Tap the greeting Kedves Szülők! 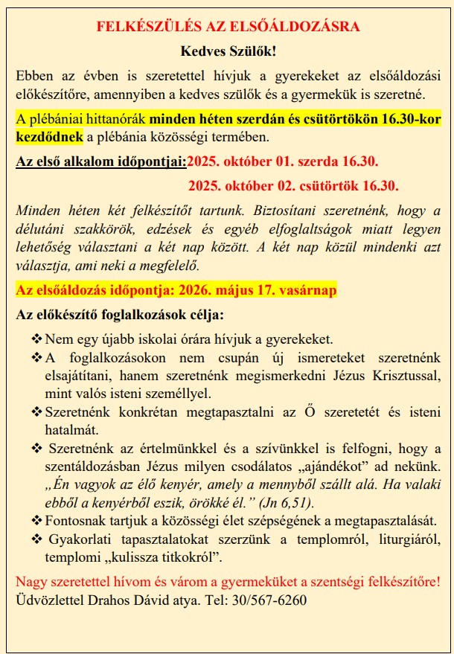click(228, 51)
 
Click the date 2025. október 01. click(251, 160)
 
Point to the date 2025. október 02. click(252, 185)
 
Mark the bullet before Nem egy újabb click(36, 339)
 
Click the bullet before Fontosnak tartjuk click(36, 519)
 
